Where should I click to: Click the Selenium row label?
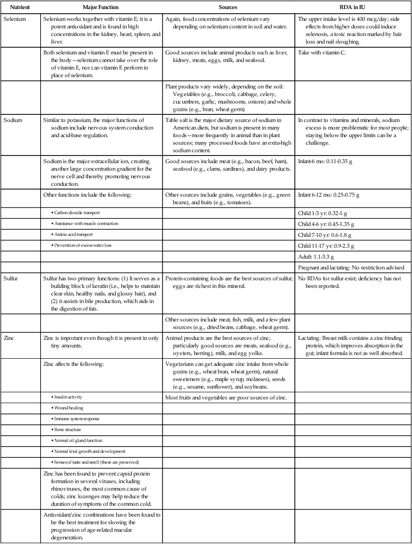(15, 19)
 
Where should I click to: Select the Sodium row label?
(14, 121)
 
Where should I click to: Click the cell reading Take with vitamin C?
(322, 53)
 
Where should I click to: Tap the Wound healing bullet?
(69, 407)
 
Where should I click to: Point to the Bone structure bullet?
(68, 430)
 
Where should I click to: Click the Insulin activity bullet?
(69, 397)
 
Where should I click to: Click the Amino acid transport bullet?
(71, 234)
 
